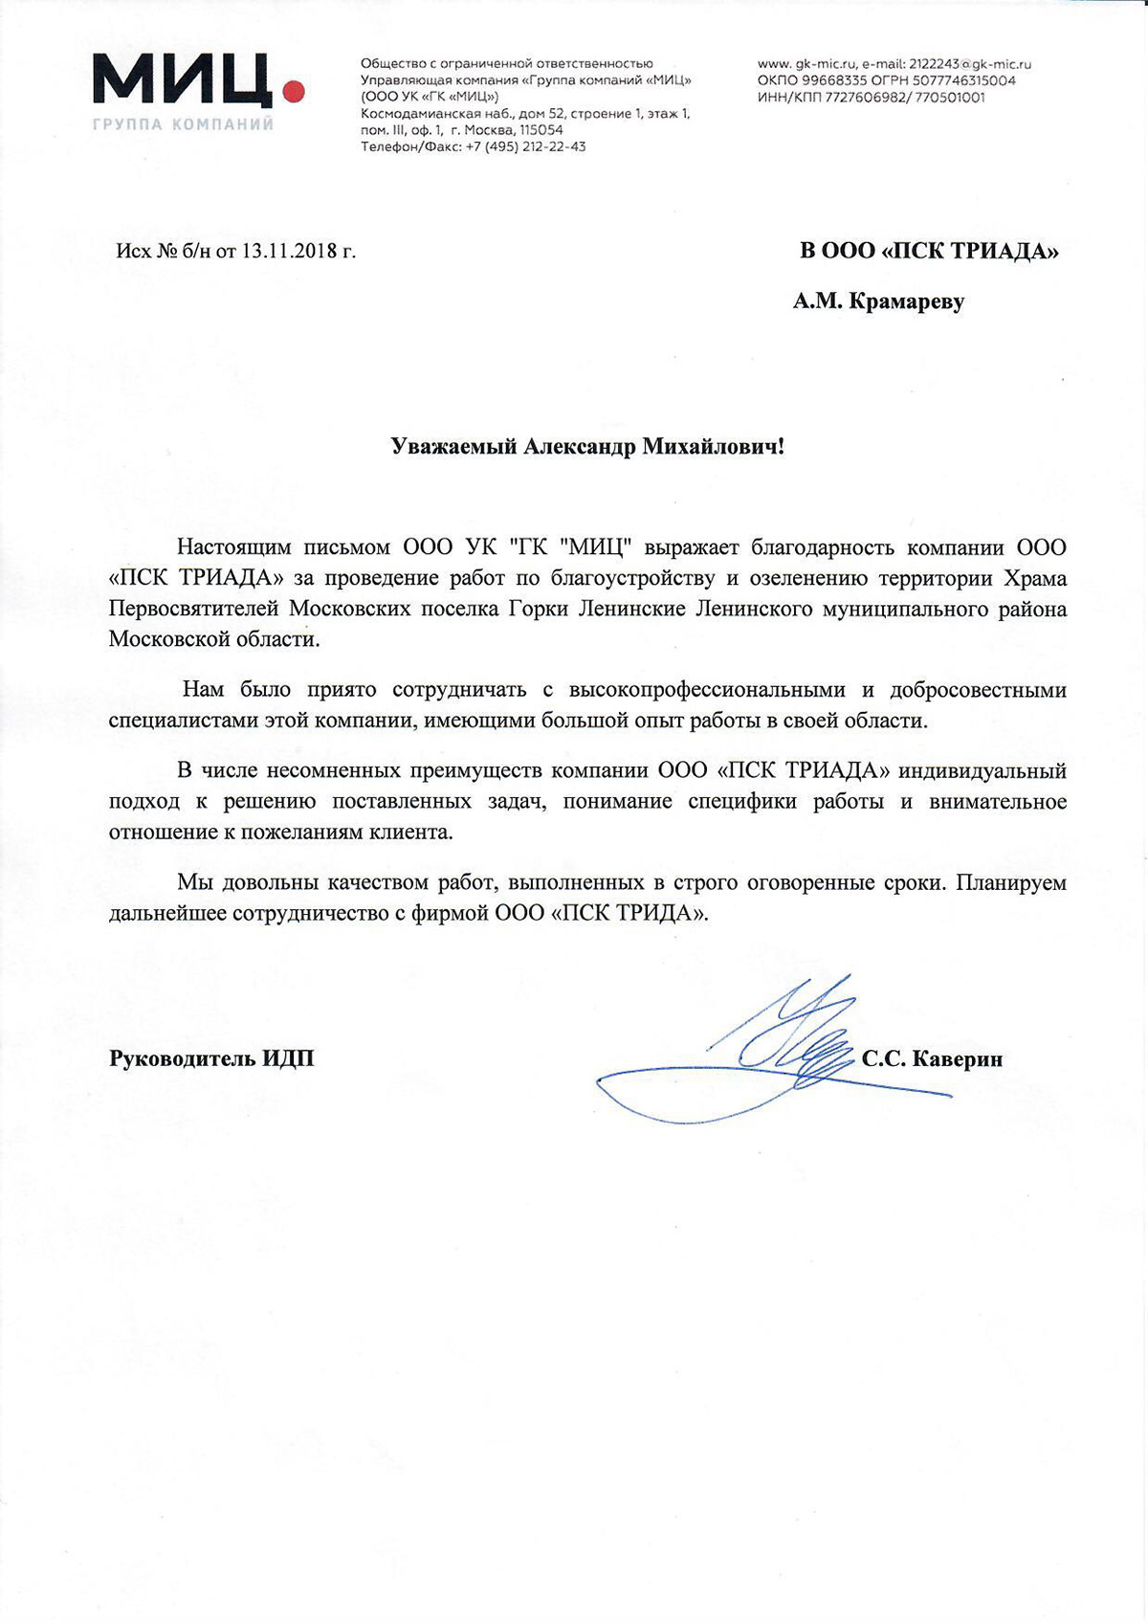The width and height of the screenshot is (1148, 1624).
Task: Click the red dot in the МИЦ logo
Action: (x=294, y=92)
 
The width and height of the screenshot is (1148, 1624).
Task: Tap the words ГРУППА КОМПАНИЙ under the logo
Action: (x=184, y=124)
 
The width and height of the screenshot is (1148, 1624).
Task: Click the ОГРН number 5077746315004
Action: (x=962, y=80)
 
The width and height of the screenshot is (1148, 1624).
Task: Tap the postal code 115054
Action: (x=541, y=130)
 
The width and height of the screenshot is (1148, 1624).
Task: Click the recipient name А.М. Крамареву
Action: (x=878, y=302)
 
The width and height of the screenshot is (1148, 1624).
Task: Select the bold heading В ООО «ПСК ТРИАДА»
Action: (x=929, y=252)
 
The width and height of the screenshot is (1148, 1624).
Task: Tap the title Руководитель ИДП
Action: (x=211, y=1058)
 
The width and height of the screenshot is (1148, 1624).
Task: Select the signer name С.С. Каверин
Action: (x=932, y=1058)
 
